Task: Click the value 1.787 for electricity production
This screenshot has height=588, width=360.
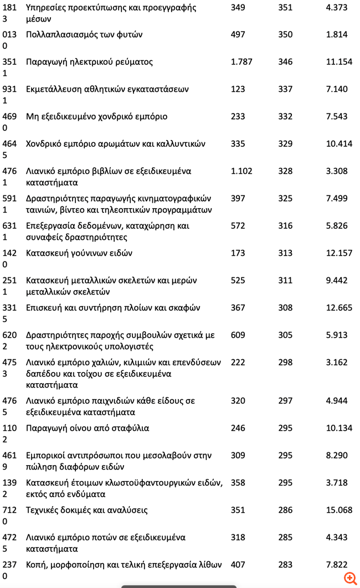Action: tap(241, 62)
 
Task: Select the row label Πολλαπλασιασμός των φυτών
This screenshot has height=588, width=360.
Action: tap(84, 34)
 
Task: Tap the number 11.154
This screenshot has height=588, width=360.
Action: tap(339, 62)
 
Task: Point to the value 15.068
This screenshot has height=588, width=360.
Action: tap(339, 510)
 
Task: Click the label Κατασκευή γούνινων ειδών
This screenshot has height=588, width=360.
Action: tap(79, 253)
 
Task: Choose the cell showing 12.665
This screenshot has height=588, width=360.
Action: tap(339, 308)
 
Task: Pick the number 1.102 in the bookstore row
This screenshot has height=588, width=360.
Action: tap(241, 171)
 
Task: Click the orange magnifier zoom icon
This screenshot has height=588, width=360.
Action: tap(350, 578)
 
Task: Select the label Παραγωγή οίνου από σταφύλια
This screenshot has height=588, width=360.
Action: tap(88, 428)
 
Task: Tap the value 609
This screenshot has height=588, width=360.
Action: tap(238, 335)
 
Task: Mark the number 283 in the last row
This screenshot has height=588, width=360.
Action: tap(285, 565)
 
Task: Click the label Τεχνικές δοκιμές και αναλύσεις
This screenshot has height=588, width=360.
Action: tap(87, 510)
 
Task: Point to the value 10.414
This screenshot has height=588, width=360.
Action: tap(339, 144)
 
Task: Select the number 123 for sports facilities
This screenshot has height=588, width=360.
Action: tap(238, 89)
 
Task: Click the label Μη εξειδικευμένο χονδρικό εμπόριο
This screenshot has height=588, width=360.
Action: tap(96, 116)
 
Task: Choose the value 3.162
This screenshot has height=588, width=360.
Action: tap(337, 363)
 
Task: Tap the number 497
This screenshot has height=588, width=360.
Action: tap(238, 34)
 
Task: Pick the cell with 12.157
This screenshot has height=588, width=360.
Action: tap(339, 253)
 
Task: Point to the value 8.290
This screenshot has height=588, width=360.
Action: tap(337, 456)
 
